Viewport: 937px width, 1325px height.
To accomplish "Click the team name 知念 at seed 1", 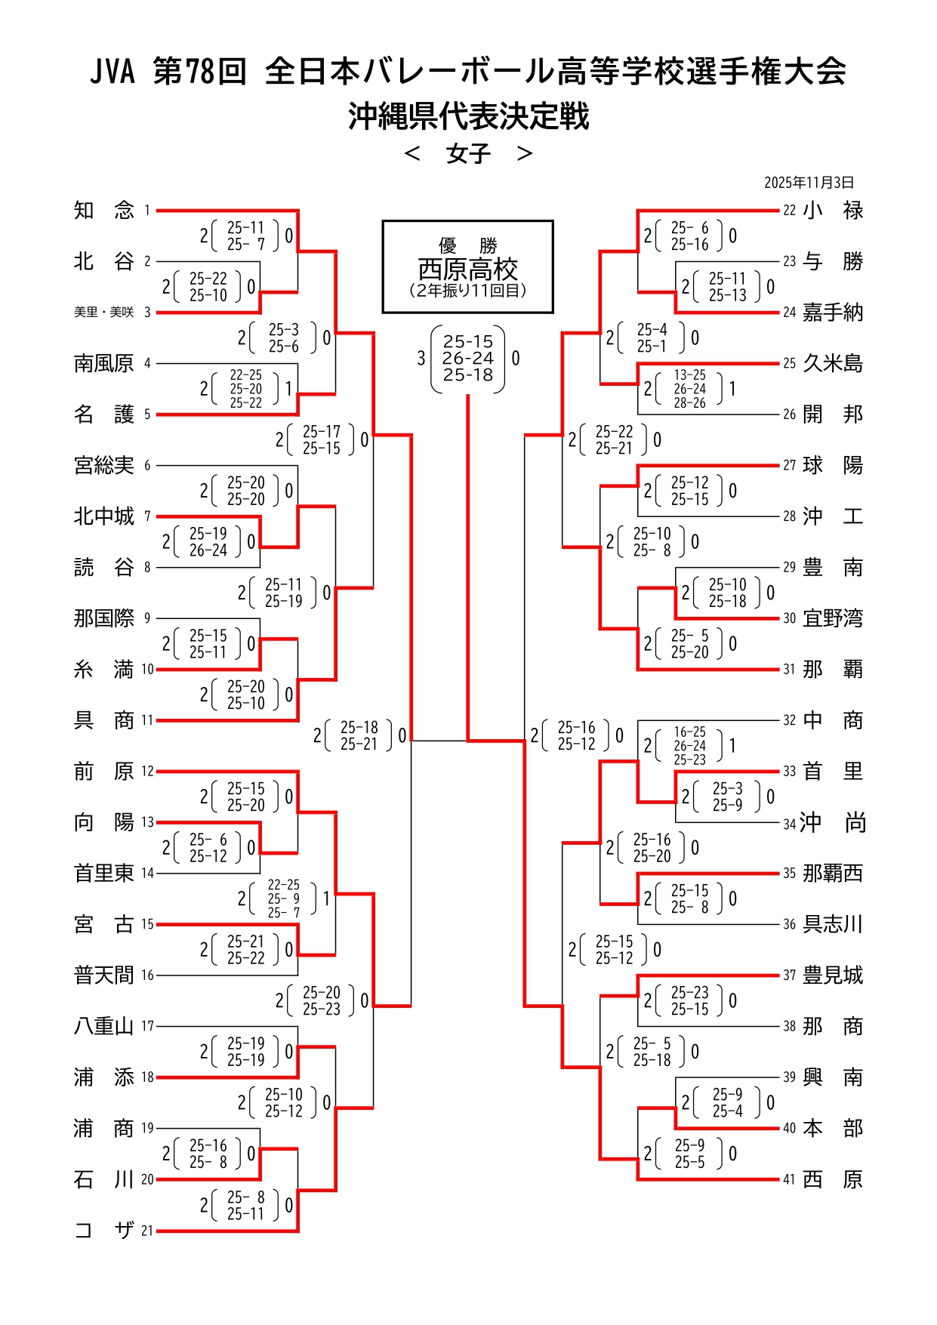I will (x=103, y=211).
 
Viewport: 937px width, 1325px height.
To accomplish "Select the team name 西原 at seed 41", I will (x=832, y=1179).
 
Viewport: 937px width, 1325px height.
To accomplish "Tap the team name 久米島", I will (x=832, y=364).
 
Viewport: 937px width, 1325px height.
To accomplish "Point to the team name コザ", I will (x=103, y=1231).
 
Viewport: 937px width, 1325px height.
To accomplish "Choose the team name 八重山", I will (x=103, y=1027).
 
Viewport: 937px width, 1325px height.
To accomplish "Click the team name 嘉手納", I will (x=832, y=313).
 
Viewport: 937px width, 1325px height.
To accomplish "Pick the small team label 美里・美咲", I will (x=103, y=313).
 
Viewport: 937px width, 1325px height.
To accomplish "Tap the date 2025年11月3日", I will (x=809, y=183).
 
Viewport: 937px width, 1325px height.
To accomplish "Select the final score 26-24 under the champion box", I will (x=468, y=359).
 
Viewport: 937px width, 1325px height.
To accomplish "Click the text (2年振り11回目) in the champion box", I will (x=468, y=291).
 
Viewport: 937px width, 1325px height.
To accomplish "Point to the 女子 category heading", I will (x=468, y=154).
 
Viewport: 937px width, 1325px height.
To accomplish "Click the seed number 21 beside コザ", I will (x=147, y=1231).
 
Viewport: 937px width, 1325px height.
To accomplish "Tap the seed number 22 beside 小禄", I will (x=789, y=211).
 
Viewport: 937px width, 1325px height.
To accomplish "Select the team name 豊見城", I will (x=832, y=975).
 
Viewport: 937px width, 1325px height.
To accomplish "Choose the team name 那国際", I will (x=103, y=618).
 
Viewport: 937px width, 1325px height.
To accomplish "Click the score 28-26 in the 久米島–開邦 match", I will (x=690, y=403).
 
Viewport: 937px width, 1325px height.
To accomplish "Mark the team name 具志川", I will (x=832, y=925).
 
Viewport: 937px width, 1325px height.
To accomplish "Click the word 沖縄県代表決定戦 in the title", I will (x=468, y=117).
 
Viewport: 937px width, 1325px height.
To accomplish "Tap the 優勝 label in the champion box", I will (x=468, y=245).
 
